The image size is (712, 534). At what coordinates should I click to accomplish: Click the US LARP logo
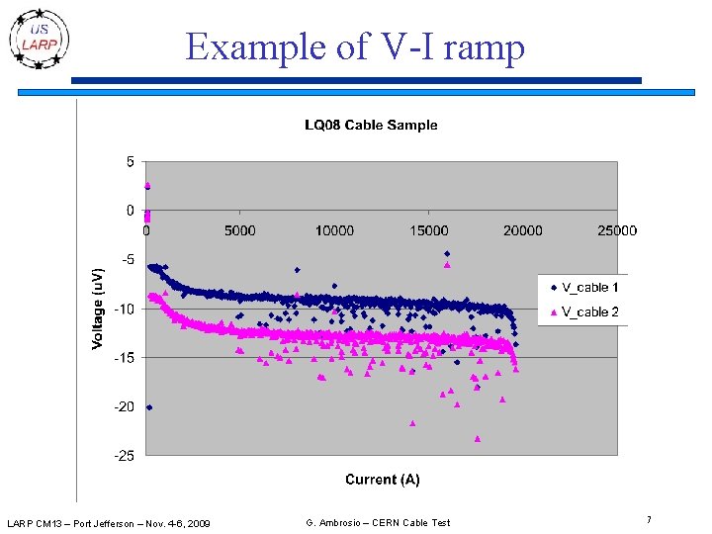pos(39,40)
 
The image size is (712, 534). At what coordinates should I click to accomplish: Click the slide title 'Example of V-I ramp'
pos(355,46)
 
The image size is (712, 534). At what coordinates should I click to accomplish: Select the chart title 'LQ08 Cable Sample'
pos(371,125)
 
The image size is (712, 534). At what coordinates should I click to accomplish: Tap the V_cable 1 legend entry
pos(584,288)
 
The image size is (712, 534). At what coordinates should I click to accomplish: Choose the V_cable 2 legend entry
pos(584,311)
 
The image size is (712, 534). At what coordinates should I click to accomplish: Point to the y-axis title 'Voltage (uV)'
pos(97,309)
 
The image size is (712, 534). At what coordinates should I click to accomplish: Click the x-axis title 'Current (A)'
pos(383,480)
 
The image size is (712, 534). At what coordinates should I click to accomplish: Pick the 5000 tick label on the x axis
pos(239,230)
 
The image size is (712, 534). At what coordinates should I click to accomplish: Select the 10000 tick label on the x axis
pos(334,230)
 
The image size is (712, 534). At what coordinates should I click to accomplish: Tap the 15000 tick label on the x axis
pos(428,230)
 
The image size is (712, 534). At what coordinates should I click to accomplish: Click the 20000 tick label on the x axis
pos(523,230)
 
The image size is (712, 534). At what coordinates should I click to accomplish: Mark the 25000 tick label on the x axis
pos(617,230)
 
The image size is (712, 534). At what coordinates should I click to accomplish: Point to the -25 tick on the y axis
pos(125,456)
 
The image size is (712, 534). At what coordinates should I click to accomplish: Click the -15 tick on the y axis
pos(125,358)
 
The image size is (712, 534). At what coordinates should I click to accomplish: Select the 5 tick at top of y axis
pos(131,161)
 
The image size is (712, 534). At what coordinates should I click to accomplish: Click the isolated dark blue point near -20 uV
pos(149,407)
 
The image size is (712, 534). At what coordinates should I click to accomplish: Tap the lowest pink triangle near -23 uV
pos(478,439)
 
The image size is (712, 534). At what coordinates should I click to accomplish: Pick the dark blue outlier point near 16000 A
pos(447,254)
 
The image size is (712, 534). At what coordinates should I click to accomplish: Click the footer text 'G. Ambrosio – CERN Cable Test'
pos(378,523)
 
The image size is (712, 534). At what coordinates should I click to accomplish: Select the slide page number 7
pos(650,520)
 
